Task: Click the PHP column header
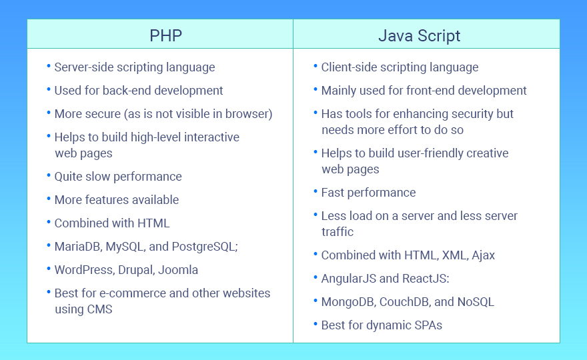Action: click(x=166, y=35)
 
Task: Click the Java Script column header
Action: click(x=419, y=35)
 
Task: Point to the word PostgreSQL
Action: click(x=204, y=247)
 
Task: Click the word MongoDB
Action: click(x=348, y=302)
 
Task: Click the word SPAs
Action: click(x=427, y=325)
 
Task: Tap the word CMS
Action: click(x=99, y=309)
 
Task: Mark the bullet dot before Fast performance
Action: click(x=315, y=191)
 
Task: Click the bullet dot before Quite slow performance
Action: click(x=48, y=175)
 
